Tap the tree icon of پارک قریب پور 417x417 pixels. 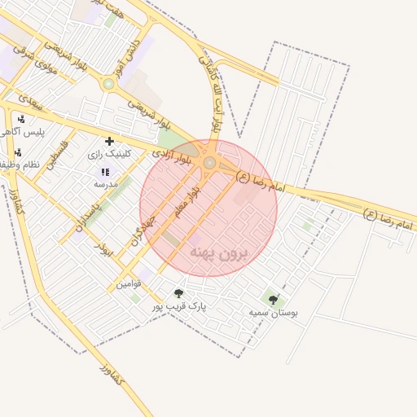pyautogui.click(x=179, y=293)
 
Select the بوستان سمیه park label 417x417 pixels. pyautogui.click(x=273, y=313)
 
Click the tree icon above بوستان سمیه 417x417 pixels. pyautogui.click(x=273, y=300)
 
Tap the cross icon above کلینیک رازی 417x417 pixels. pyautogui.click(x=110, y=142)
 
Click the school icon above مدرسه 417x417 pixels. pyautogui.click(x=104, y=172)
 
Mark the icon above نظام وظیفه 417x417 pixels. pyautogui.click(x=18, y=152)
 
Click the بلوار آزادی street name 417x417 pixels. pyautogui.click(x=176, y=153)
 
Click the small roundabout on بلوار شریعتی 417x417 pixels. pyautogui.click(x=108, y=83)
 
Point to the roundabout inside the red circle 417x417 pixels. pyautogui.click(x=209, y=163)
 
